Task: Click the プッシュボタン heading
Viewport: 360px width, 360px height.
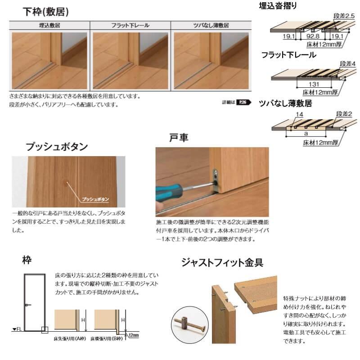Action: (x=56, y=147)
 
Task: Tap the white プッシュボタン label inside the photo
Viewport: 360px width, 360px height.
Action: (x=96, y=198)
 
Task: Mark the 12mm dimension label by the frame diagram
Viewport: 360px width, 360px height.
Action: (x=134, y=335)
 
